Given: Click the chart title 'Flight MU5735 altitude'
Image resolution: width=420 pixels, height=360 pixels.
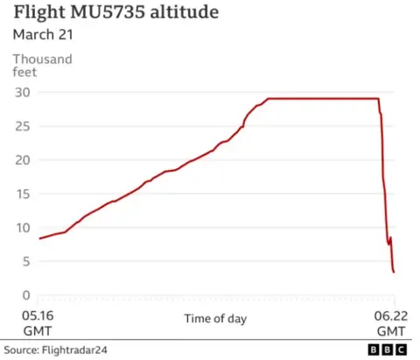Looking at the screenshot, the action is [x=116, y=12].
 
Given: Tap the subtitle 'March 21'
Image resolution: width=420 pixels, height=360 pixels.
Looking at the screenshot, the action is [x=43, y=34].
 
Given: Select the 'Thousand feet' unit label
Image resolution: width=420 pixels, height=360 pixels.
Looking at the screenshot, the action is [x=42, y=66].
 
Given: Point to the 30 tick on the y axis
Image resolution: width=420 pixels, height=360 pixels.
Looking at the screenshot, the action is [x=23, y=93].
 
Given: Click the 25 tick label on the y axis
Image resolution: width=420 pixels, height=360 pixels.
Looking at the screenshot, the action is [x=23, y=126].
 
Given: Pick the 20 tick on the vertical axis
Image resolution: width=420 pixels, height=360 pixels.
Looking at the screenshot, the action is [x=23, y=160].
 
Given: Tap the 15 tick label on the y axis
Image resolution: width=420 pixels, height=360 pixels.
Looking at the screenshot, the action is [x=23, y=194].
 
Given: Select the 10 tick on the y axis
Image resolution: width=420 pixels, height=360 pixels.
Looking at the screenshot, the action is [x=23, y=228].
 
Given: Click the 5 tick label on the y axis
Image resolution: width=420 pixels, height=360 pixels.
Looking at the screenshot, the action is [x=26, y=261].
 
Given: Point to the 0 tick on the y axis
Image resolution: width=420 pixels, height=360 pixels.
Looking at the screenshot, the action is [x=26, y=295].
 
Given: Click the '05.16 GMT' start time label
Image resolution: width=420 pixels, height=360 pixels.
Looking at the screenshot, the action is [x=38, y=323].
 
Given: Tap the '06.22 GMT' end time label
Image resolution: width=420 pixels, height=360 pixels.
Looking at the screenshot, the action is [x=391, y=323].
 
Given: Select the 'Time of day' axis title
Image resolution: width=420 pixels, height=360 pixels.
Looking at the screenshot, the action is [x=215, y=319].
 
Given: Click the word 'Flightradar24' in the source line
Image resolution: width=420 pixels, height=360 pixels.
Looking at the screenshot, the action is [x=74, y=349].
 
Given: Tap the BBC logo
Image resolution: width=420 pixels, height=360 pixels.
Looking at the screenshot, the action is [x=388, y=349].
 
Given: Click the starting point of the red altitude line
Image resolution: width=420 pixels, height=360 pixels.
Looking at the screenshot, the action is [x=39, y=238].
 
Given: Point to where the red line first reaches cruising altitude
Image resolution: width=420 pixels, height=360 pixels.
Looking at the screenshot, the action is [x=268, y=99].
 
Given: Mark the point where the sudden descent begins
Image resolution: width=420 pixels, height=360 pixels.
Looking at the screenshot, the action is [x=379, y=99].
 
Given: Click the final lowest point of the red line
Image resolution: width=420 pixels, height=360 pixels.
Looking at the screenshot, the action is [x=394, y=272].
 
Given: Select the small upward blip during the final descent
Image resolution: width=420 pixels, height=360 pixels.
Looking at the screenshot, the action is [x=390, y=237].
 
